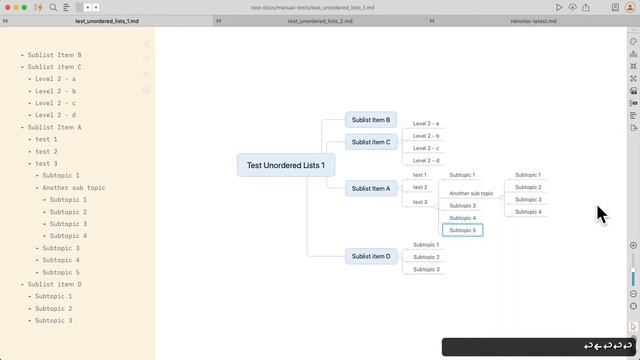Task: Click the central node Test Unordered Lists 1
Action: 285,165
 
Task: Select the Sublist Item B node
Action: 371,120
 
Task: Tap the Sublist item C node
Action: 371,142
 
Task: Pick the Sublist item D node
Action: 371,256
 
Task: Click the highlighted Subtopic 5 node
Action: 463,230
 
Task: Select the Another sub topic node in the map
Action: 471,193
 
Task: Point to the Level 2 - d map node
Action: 426,160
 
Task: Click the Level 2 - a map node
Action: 426,124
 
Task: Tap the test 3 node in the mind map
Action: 420,202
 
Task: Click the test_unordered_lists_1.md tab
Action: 107,20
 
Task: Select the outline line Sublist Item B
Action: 55,55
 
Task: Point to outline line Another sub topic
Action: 74,188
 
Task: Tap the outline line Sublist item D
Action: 55,284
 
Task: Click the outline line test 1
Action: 46,139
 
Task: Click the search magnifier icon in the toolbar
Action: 52,7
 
